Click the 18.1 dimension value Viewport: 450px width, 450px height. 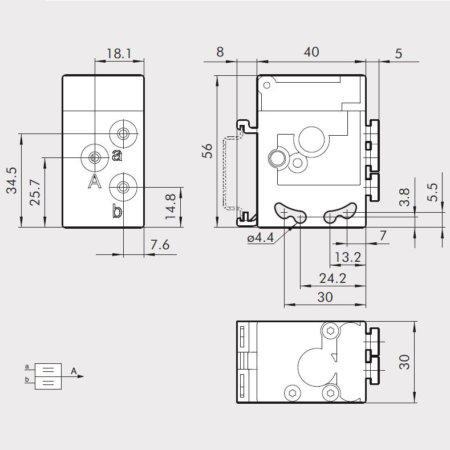tap(119, 54)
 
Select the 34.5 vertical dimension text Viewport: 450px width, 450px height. tap(12, 180)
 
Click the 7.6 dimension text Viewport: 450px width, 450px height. tap(160, 245)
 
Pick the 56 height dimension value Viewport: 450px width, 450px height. tap(208, 151)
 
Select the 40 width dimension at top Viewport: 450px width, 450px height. tap(311, 52)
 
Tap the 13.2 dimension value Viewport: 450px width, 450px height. tap(347, 257)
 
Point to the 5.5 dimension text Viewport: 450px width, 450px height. tap(433, 192)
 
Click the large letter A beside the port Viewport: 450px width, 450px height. tap(95, 182)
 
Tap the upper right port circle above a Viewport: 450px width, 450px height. tap(123, 134)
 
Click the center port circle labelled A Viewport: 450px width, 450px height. tap(95, 157)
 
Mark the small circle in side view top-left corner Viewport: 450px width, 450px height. tap(266, 86)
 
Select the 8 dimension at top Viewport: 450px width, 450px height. tap(220, 52)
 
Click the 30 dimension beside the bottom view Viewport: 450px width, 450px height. tap(404, 362)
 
